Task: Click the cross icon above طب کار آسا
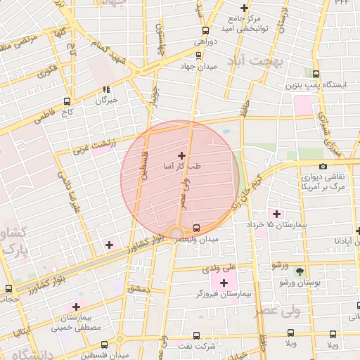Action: point(181,155)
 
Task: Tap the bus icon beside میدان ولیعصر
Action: point(196,228)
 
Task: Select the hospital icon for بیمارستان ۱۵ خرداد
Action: point(276,213)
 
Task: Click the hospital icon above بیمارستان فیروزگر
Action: point(224,283)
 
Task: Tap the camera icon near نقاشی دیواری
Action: point(323,167)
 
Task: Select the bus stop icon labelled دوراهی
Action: point(205,31)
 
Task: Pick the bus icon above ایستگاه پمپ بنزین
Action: point(316,74)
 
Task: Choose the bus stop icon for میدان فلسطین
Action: point(105,345)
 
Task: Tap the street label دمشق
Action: point(137,289)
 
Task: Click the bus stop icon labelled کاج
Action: point(67,101)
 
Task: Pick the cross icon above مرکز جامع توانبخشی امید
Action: point(244,8)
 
